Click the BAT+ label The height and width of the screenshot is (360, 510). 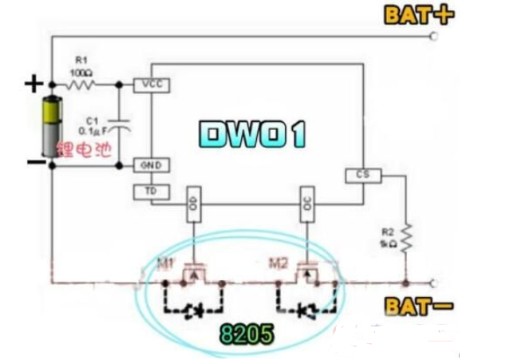tap(418, 15)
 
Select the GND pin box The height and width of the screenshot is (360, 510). tap(152, 165)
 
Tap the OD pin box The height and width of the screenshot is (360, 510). tap(192, 204)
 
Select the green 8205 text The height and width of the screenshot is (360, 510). tap(248, 334)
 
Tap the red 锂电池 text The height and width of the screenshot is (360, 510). tap(82, 148)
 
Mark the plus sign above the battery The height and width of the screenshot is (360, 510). tap(34, 82)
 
